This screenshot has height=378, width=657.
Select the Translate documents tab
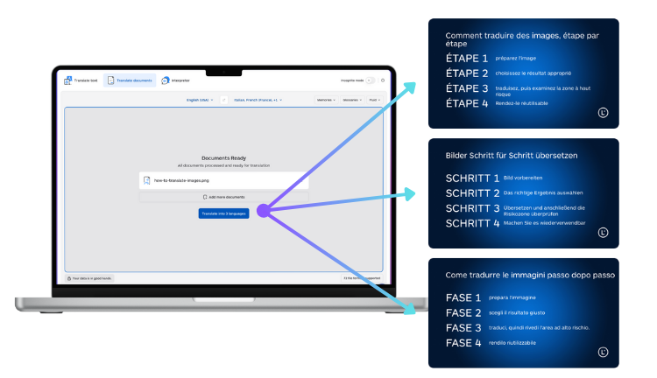tap(129, 80)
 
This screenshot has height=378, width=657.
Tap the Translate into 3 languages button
tap(223, 213)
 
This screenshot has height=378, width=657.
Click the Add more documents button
tap(223, 198)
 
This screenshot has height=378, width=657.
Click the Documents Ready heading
tap(223, 157)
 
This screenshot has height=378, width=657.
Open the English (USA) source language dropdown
tap(199, 100)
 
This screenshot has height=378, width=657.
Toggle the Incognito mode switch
tap(370, 80)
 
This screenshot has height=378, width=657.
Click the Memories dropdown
tap(325, 100)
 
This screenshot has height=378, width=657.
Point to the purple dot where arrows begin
tap(264, 210)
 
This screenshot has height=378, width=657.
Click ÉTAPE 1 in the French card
tap(467, 59)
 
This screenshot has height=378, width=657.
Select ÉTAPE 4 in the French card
tap(467, 103)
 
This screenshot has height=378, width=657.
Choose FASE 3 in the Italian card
tap(463, 327)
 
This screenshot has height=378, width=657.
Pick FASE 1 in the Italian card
tap(463, 297)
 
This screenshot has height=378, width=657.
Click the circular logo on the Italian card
tap(603, 352)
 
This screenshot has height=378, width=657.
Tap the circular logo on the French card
tap(603, 112)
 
